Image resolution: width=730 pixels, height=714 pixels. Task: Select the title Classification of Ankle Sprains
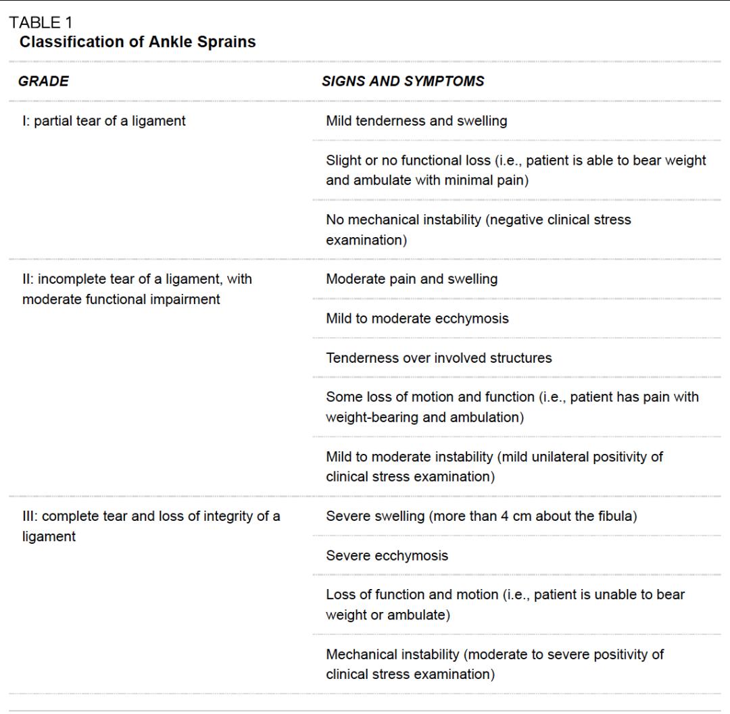[138, 43]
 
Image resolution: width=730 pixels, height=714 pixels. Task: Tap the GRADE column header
[44, 82]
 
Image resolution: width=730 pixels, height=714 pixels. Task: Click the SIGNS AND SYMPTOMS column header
[403, 82]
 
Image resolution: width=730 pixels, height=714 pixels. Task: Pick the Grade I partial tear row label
[104, 122]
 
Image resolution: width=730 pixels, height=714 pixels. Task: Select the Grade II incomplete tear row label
[137, 289]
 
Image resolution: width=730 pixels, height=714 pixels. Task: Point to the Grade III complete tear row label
[151, 528]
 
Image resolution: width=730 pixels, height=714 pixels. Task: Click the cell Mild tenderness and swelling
[416, 122]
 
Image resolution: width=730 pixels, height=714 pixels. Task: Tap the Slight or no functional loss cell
[515, 171]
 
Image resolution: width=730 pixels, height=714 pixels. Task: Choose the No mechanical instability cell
[478, 230]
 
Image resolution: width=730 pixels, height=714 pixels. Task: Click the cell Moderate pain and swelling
[412, 279]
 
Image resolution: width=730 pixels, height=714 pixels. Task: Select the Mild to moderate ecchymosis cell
[417, 318]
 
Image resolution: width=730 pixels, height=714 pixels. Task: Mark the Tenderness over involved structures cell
[439, 358]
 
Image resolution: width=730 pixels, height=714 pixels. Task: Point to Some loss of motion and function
[512, 407]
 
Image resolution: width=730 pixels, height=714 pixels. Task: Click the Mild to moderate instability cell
[494, 467]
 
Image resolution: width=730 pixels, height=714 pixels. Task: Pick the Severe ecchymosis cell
[387, 557]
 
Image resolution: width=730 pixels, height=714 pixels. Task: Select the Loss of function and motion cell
[505, 605]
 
